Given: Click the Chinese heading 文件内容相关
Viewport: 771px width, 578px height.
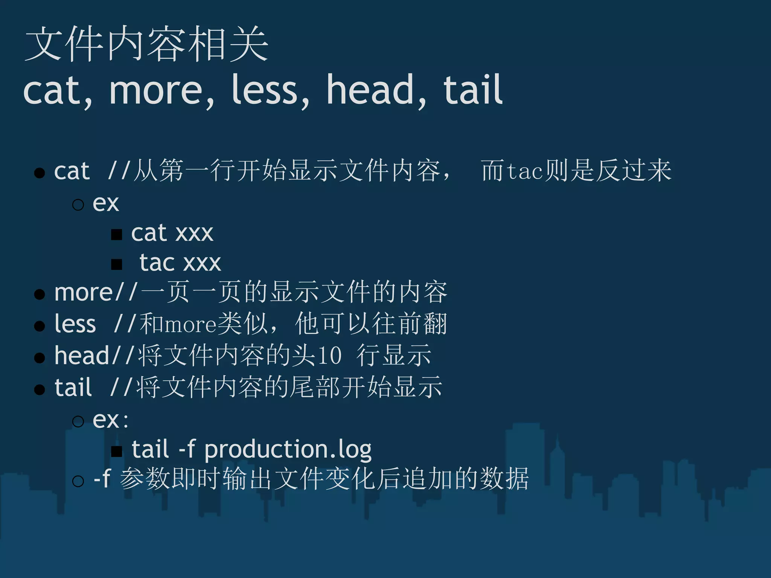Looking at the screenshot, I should pos(146,44).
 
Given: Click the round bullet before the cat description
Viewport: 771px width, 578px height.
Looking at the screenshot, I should pos(40,173).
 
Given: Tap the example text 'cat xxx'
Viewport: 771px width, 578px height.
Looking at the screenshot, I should pos(172,233).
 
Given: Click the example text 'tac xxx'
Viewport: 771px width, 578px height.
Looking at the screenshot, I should pos(180,263).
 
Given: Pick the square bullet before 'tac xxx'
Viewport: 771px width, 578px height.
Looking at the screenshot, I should pos(117,264).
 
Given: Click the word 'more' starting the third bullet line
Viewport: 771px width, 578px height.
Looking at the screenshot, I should pos(84,293).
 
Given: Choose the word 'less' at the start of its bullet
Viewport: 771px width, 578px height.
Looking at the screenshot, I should pos(75,324).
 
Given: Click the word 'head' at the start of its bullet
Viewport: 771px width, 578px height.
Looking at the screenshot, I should pos(82,355).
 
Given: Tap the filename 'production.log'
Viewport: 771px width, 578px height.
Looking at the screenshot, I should pos(288,449).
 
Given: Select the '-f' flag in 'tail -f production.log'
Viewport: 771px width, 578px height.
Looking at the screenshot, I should pos(186,449).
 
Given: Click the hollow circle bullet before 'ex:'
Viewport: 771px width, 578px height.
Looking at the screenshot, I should pos(78,421).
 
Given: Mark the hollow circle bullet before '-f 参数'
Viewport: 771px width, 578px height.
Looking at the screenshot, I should pos(78,481).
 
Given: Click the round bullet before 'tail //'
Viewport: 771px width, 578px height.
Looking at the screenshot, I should pos(40,389).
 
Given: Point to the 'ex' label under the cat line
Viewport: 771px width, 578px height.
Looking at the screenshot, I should pos(106,204).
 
